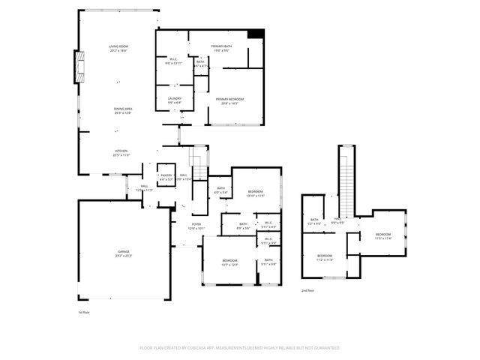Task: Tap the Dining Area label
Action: point(123,110)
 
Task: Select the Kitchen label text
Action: point(121,152)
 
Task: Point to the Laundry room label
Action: point(174,100)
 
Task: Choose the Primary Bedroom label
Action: point(229,100)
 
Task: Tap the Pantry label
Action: point(166,177)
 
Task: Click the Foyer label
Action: point(196,225)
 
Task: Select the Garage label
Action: point(123,253)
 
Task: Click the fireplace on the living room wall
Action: point(78,68)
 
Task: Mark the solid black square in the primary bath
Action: point(256,34)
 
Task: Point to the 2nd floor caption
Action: point(307,290)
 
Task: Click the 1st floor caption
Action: point(84,312)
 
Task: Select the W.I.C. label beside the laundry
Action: point(173,61)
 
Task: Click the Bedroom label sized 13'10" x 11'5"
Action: point(256,193)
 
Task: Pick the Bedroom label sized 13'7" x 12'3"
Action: point(229,262)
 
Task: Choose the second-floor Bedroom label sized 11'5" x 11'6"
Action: point(383,235)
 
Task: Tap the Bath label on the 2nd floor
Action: point(313,221)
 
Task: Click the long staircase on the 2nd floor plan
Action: point(346,180)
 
